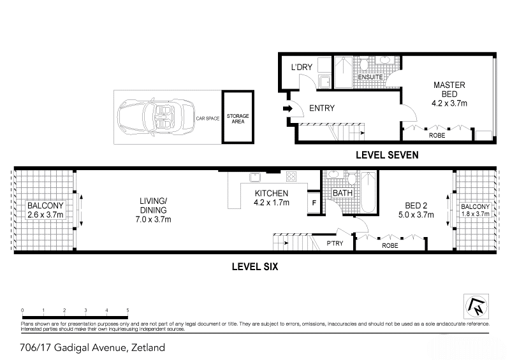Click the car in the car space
tap(156, 117)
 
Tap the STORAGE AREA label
tap(238, 119)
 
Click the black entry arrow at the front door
tap(288, 108)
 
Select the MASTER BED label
tap(449, 89)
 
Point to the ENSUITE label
tap(370, 77)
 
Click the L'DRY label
tap(302, 67)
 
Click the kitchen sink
tap(255, 177)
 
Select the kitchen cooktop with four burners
tap(291, 176)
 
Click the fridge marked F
tap(314, 203)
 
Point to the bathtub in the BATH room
tap(368, 192)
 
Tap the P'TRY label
tap(335, 243)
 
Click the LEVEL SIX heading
tap(255, 267)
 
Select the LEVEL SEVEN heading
tap(387, 155)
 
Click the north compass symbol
tap(476, 306)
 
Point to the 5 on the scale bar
tap(128, 310)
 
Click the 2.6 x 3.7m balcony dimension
tap(45, 215)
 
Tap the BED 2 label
tap(416, 206)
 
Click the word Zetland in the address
tap(148, 348)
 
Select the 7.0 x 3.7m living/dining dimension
tap(153, 220)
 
